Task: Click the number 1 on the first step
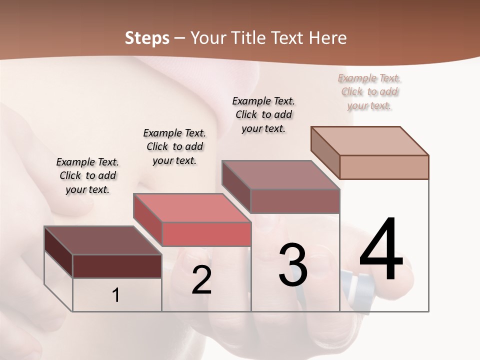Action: pos(116,295)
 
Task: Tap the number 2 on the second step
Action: pos(201,280)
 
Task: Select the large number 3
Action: pos(293,265)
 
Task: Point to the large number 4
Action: pos(381,250)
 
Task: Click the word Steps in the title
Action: pos(147,38)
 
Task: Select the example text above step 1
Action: pos(87,175)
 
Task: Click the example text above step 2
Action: pos(174,146)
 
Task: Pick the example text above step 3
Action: pos(263,114)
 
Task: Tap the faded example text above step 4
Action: pos(369,91)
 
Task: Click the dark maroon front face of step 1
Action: pos(117,266)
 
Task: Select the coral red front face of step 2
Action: pos(206,234)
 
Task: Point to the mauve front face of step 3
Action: pos(295,201)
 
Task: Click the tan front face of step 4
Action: pos(384,167)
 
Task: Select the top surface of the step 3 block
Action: pos(281,174)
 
